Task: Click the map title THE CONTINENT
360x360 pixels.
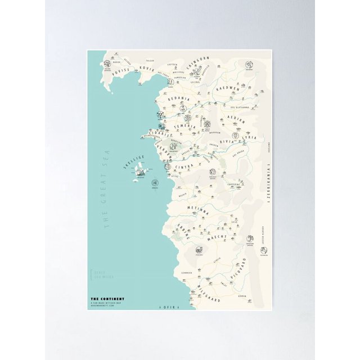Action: (x=107, y=298)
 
